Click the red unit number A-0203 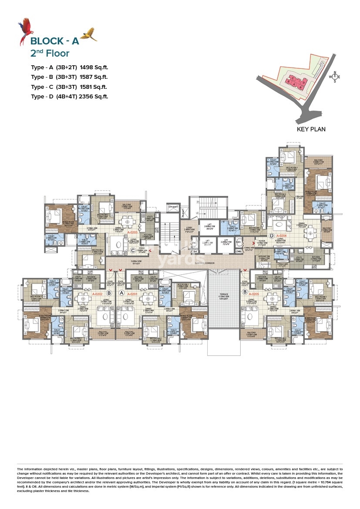click(132, 233)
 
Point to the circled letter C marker click(133, 250)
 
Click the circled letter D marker click(272, 236)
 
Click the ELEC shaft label click(238, 241)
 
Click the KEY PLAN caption click(311, 129)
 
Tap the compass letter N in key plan click(334, 73)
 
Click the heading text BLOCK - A click(54, 41)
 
